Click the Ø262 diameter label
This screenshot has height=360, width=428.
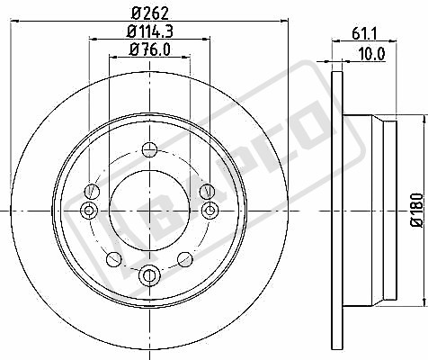point(150,13)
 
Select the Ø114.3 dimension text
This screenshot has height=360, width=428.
point(149,31)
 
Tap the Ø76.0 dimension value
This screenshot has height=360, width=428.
point(149,49)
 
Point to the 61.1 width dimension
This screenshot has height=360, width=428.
point(364,32)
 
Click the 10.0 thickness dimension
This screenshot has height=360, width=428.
point(371,54)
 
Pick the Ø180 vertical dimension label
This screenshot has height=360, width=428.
point(417,210)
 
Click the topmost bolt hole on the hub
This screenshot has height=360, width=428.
point(149,150)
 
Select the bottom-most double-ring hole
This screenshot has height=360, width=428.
point(149,274)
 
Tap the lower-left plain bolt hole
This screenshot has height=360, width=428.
point(114,259)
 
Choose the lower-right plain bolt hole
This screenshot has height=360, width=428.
point(185,259)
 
